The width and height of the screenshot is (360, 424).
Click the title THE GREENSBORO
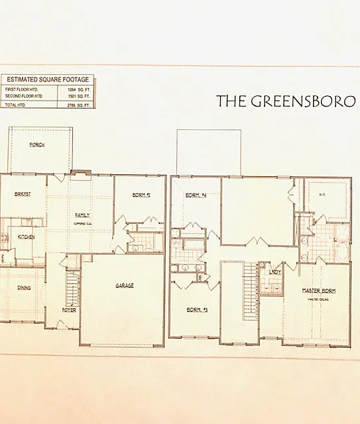click(286, 101)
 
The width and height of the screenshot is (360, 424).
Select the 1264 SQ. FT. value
click(74, 89)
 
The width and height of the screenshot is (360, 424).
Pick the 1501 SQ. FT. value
click(74, 97)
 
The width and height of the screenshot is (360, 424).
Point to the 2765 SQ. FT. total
click(74, 105)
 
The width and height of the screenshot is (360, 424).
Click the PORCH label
click(37, 144)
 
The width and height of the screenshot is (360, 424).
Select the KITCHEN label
click(27, 237)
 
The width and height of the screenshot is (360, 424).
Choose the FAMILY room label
click(82, 215)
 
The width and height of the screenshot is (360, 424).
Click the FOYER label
click(70, 309)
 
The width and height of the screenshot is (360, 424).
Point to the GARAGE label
click(125, 286)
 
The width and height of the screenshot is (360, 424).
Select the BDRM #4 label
click(196, 195)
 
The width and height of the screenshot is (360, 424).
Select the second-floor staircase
click(251, 285)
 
